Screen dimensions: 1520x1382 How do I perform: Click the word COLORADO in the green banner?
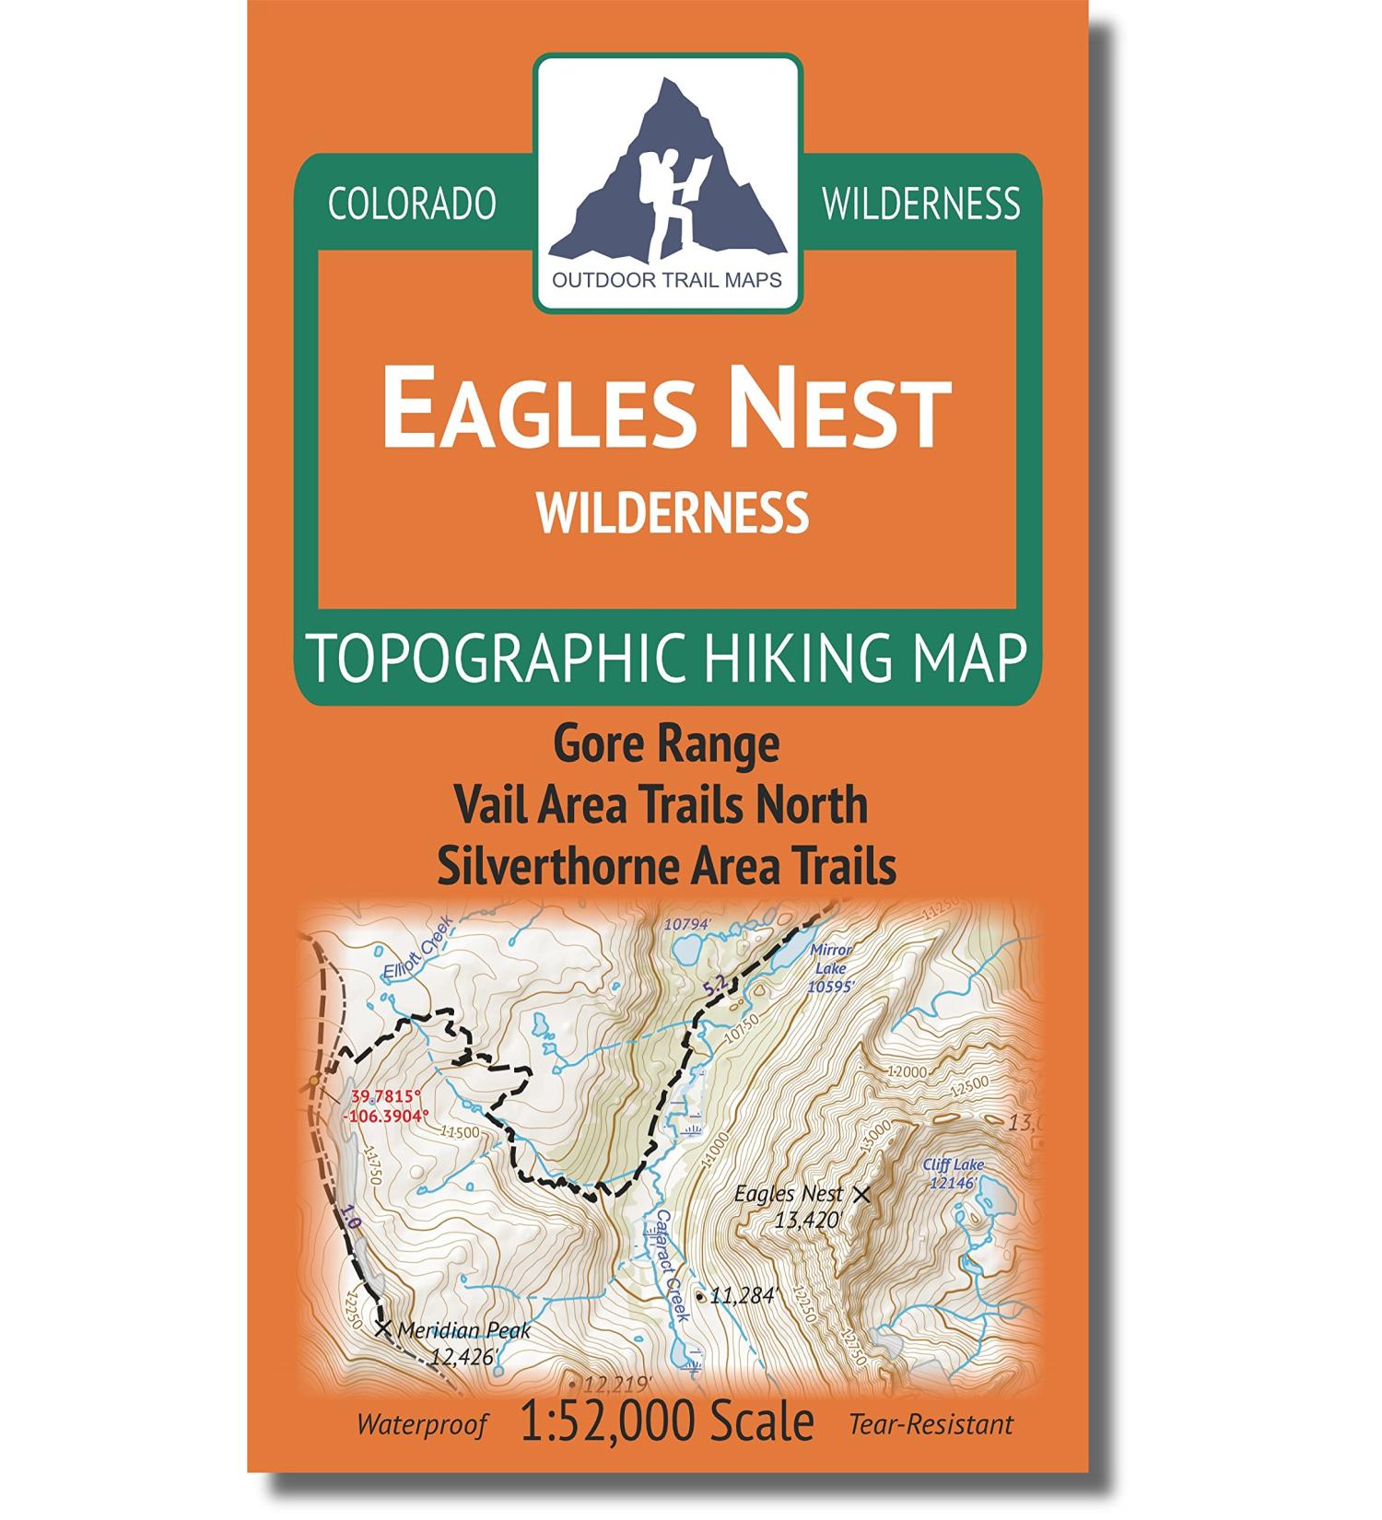412,204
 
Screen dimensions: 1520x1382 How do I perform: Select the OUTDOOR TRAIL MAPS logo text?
667,279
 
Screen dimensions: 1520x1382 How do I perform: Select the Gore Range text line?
666,745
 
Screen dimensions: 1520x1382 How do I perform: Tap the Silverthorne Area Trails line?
666,865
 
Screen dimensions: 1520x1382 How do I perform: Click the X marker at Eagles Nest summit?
861,1195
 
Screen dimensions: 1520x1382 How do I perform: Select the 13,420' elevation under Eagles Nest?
808,1222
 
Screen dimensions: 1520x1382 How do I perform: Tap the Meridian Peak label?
465,1330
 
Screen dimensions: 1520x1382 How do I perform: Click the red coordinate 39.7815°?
386,1097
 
